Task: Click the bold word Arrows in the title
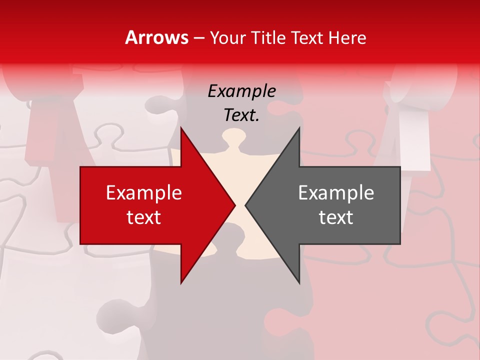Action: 156,37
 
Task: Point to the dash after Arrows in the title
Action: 198,38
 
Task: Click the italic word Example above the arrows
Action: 241,91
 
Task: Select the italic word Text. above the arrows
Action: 241,115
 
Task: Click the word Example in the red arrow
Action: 144,193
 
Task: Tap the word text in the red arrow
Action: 144,217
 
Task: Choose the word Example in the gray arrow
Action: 336,193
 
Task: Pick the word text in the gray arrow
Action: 336,217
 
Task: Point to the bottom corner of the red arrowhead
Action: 181,282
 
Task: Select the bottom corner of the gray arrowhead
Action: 299,282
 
